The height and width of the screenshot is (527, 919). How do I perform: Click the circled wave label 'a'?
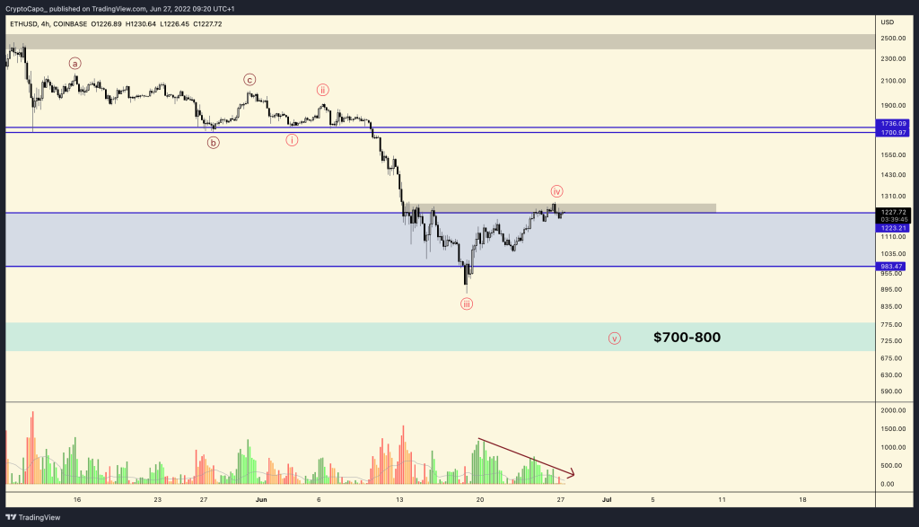tap(75, 63)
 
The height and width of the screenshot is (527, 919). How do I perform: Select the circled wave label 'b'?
tap(214, 142)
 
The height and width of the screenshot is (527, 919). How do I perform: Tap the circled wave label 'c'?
tap(249, 79)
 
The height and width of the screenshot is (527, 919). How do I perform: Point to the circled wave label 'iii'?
tap(467, 304)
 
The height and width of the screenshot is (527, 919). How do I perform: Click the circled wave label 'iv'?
tap(556, 191)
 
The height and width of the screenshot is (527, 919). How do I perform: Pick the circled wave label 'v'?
tap(615, 338)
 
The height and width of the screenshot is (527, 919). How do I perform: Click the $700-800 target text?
tap(687, 338)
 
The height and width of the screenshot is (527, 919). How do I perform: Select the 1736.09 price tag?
tap(895, 123)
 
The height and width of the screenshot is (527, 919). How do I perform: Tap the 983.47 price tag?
tap(895, 267)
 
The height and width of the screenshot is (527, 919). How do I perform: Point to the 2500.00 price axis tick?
tap(893, 39)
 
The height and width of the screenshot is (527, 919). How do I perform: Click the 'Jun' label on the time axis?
tap(262, 499)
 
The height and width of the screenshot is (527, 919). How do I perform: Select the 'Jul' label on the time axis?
tap(607, 499)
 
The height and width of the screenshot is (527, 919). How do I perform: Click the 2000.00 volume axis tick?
tap(893, 410)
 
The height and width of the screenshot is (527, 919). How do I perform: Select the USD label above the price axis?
tap(888, 22)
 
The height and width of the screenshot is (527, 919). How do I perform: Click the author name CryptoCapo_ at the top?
tap(31, 7)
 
